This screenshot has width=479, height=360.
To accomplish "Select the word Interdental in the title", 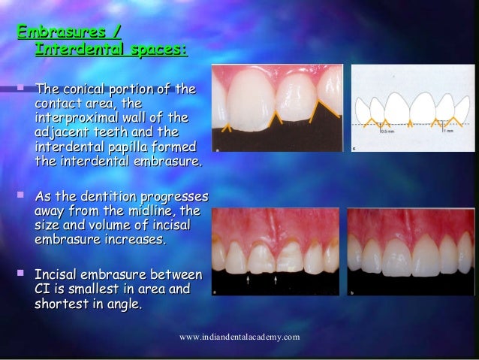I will pos(79,51).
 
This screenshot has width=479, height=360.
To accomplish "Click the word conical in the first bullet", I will pos(86,90).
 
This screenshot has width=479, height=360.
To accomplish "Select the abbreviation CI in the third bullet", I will pos(45,289).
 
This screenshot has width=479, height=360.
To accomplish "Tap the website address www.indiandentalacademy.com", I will pos(239,337).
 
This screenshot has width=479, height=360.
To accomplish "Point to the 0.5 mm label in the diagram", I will pos(387,131).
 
